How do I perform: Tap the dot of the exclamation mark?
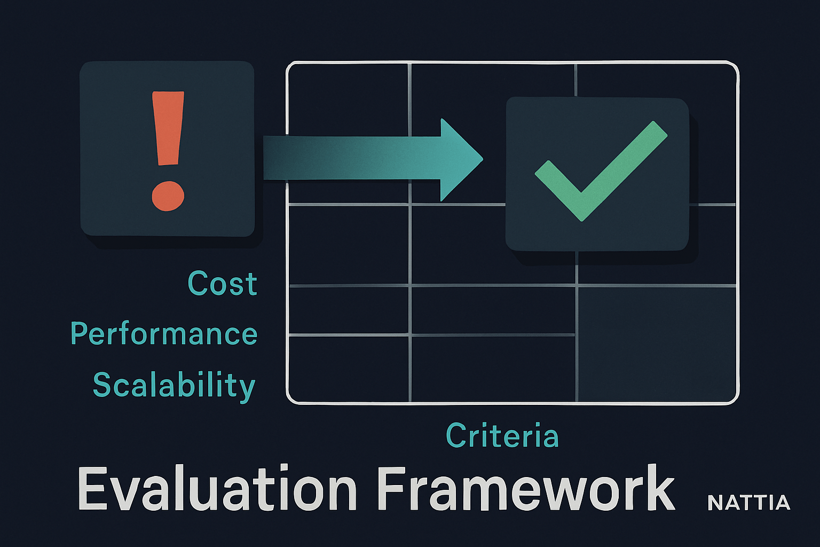[x=168, y=196]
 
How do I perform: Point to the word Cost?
[x=223, y=284]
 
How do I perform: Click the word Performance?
[x=164, y=334]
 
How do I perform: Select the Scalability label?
[x=174, y=385]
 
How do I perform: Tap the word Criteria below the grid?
[x=502, y=436]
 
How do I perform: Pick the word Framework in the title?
[x=526, y=489]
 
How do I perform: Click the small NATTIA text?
[x=748, y=503]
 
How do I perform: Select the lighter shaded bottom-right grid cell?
[x=657, y=343]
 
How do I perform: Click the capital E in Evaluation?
[x=92, y=489]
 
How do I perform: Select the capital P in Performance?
[x=78, y=333]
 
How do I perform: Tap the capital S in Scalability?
[x=102, y=384]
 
